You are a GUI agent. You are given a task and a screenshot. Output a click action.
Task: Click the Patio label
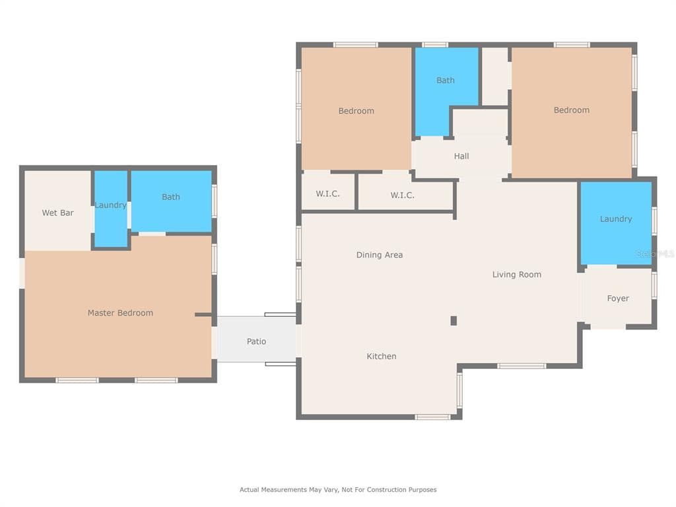(x=256, y=341)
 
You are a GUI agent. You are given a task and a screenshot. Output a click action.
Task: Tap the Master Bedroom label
(x=120, y=313)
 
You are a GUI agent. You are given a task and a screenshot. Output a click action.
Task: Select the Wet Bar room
(x=58, y=211)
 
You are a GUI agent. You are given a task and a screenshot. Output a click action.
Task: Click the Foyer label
(x=618, y=298)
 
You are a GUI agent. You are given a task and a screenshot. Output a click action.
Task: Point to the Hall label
(x=461, y=156)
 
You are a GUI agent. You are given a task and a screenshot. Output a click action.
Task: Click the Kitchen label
(x=381, y=356)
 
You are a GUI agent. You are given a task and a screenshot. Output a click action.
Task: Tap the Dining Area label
(x=380, y=255)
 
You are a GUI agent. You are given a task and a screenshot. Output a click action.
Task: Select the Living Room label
(x=516, y=275)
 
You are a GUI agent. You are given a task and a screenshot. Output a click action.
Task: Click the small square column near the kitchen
(x=454, y=320)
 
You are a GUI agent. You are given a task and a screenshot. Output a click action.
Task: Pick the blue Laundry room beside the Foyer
(x=616, y=223)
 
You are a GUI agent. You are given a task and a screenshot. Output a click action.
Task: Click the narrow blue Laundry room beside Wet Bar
(x=111, y=209)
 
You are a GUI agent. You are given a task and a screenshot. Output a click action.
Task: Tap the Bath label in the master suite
(x=171, y=197)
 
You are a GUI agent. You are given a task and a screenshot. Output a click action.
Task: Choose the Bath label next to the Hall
(x=446, y=80)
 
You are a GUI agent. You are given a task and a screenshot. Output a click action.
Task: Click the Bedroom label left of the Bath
(x=356, y=111)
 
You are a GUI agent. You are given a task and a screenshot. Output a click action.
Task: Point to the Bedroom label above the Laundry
(x=571, y=110)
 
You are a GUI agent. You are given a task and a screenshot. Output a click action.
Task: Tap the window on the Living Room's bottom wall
(x=522, y=366)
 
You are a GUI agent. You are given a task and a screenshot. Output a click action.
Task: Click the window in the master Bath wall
(x=215, y=201)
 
